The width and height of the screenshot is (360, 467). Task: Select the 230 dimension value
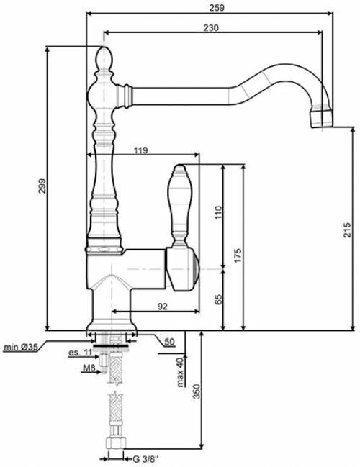[211, 27]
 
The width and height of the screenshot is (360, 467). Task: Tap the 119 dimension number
[141, 150]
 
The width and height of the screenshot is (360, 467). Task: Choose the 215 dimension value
[348, 230]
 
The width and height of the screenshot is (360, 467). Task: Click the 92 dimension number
[162, 307]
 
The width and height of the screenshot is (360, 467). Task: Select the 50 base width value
[168, 342]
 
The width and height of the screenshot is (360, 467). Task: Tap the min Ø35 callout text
[19, 348]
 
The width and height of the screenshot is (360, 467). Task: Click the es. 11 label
[80, 353]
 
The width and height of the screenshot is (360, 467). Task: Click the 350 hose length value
[196, 391]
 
